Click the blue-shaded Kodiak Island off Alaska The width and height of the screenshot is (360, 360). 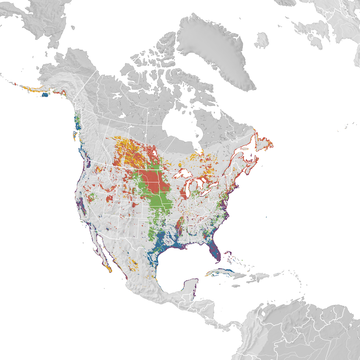45,95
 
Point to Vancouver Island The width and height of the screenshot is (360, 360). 75,133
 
